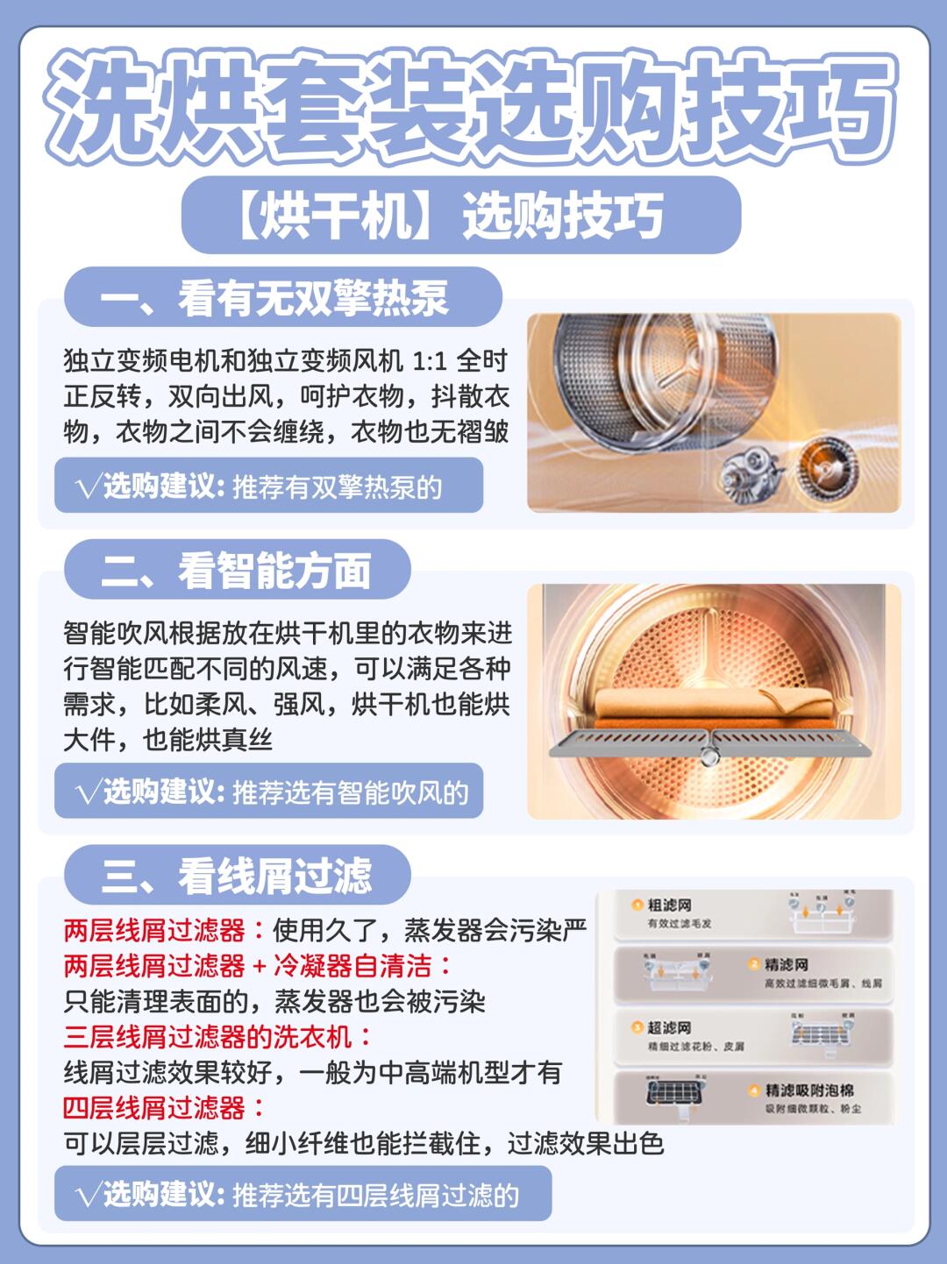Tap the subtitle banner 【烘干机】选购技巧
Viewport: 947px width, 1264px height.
click(x=461, y=216)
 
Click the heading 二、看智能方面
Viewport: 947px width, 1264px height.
click(x=237, y=571)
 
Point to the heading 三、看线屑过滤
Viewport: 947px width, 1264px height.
click(x=237, y=875)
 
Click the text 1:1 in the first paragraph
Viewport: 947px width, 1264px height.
click(x=429, y=361)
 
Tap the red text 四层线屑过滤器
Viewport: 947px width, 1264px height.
click(x=154, y=1108)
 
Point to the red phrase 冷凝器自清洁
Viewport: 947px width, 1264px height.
click(x=352, y=966)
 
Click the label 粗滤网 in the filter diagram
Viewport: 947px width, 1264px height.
click(x=669, y=905)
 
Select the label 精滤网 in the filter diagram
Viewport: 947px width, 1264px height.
click(x=786, y=964)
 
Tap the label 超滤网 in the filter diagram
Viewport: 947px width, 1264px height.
click(x=669, y=1027)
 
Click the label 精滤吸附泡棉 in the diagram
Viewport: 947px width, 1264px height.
click(x=808, y=1090)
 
